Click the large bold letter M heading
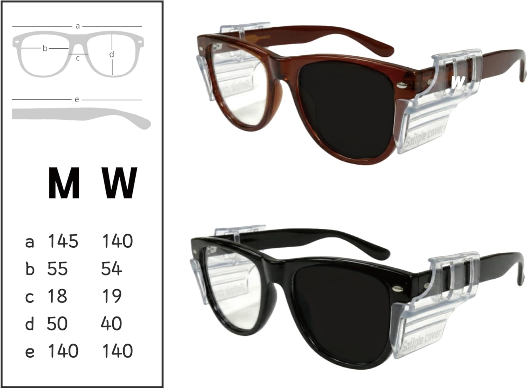point(63,183)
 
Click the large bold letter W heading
point(119,183)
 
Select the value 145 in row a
point(63,241)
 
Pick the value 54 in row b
point(111,269)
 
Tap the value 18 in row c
point(57,296)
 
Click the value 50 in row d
point(57,323)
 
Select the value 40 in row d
point(111,323)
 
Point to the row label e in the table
point(30,352)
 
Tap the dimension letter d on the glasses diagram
point(112,54)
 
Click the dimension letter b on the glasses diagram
point(45,48)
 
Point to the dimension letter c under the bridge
point(78,58)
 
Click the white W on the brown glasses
point(458,82)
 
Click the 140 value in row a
point(118,241)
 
